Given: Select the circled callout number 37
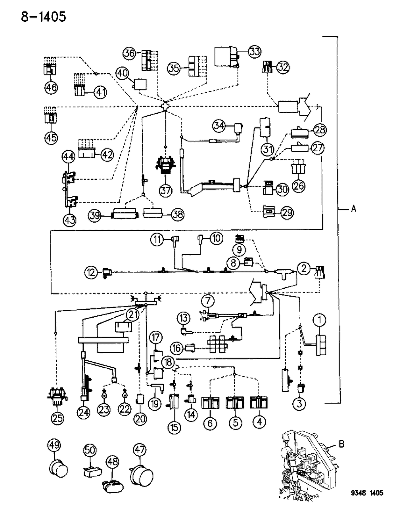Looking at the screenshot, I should (165, 190).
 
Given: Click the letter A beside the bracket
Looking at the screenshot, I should (353, 208).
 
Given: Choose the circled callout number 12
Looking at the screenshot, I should (91, 272).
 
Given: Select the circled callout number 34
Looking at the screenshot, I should (218, 126).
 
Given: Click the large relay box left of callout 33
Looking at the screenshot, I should (226, 57).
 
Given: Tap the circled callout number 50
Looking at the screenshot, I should (90, 450).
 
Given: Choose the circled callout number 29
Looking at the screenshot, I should (287, 212).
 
